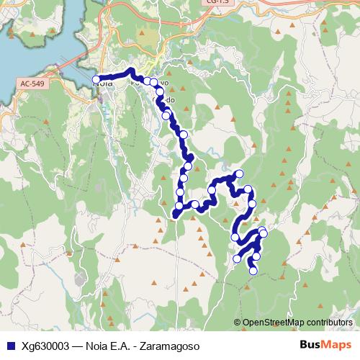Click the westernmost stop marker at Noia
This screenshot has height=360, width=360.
(x=96, y=79)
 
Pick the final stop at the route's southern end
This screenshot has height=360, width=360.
(x=253, y=271)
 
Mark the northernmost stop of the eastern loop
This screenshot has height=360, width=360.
(x=239, y=174)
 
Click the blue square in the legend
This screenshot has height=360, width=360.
(x=9, y=345)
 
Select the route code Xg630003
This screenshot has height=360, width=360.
(x=45, y=345)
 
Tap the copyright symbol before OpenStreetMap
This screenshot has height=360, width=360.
(x=238, y=323)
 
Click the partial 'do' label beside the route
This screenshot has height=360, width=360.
(x=169, y=99)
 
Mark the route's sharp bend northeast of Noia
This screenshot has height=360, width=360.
(x=132, y=71)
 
